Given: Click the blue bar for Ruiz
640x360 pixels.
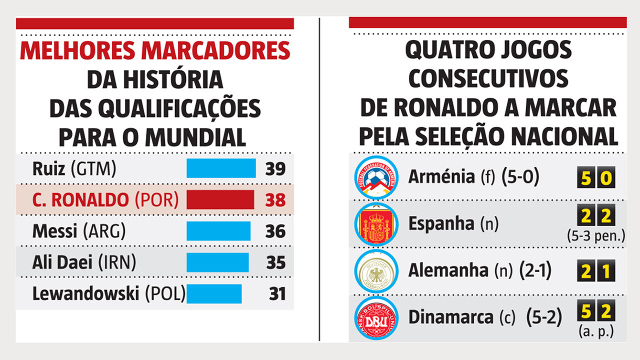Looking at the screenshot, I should click(x=221, y=168).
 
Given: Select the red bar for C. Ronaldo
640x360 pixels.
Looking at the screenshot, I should click(x=220, y=199).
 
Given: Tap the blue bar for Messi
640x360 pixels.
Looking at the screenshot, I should click(x=218, y=231).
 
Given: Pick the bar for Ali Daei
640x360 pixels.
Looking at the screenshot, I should click(x=217, y=262).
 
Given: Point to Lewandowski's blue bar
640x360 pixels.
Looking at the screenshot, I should click(x=214, y=293).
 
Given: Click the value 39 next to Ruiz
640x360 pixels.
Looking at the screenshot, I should click(x=275, y=169).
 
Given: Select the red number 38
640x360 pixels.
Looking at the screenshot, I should click(x=275, y=200).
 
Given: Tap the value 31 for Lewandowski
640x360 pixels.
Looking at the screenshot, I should click(x=276, y=294).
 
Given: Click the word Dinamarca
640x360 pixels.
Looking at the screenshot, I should click(x=450, y=317).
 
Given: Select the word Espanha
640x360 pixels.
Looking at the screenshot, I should click(x=441, y=223).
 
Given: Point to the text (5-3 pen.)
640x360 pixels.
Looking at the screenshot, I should click(x=596, y=236).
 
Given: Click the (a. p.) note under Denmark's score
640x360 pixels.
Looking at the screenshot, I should click(x=596, y=330).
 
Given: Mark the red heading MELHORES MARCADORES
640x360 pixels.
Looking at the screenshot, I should click(x=155, y=51).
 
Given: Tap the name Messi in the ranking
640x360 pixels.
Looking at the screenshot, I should click(x=54, y=231).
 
